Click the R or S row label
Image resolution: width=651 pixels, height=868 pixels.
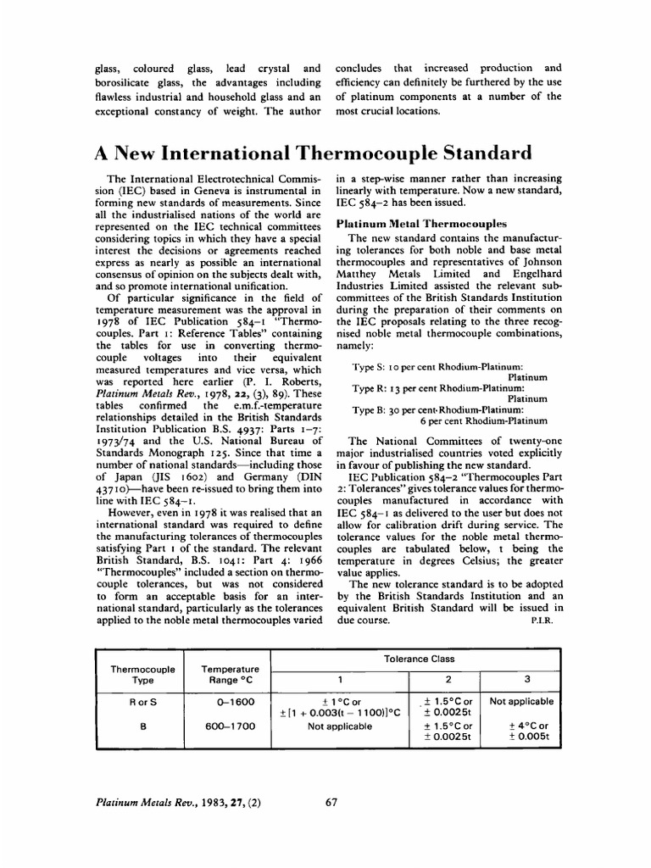click(x=143, y=701)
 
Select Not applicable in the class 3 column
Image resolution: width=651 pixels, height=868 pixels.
click(x=522, y=701)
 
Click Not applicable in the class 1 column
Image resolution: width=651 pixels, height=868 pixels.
click(x=340, y=726)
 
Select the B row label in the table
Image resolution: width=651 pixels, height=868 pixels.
click(x=143, y=726)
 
